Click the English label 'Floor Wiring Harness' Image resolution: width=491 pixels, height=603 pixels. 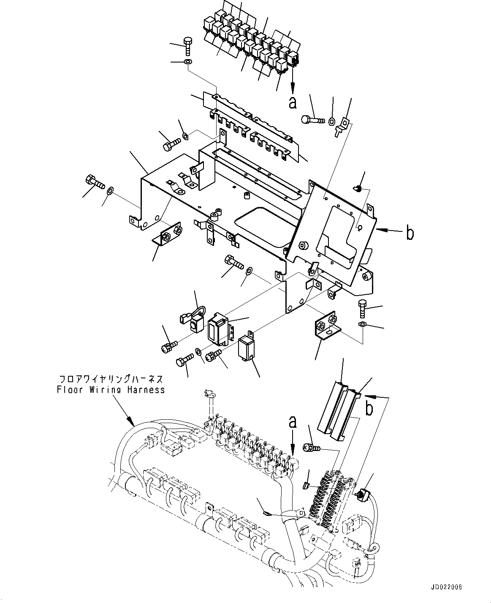(111, 390)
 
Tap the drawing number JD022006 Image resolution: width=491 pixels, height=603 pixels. (447, 587)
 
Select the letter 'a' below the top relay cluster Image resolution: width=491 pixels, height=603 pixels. (292, 102)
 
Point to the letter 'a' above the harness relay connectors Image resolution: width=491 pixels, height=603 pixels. (292, 422)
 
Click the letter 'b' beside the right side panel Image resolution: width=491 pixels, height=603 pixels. (410, 233)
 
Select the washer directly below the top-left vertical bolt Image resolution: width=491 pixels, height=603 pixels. (188, 63)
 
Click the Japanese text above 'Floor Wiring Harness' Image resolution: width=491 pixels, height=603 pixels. (111, 379)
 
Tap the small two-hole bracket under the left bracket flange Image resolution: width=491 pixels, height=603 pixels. (168, 234)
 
